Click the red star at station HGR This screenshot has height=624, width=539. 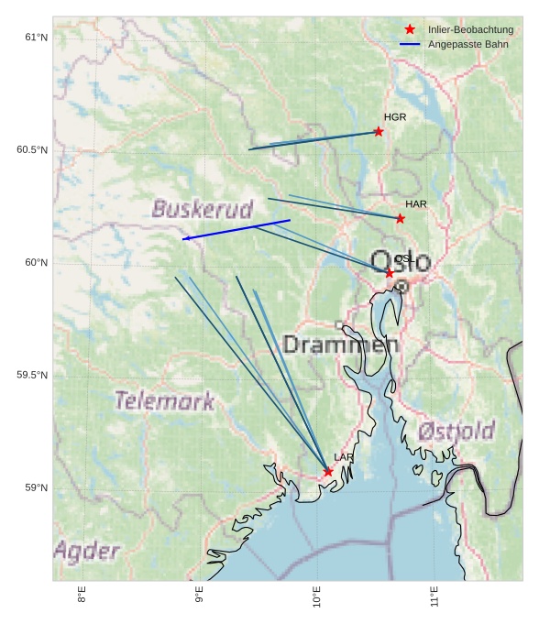coord(379,132)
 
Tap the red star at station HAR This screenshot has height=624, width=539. coord(401,218)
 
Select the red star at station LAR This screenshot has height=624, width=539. coord(328,472)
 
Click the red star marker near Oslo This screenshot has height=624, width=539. coord(390,273)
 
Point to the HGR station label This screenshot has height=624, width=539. coord(395,117)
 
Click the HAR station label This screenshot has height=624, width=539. coord(416,203)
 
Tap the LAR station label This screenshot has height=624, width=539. coord(344,457)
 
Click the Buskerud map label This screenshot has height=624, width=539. coord(202,209)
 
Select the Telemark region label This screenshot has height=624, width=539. coord(165,400)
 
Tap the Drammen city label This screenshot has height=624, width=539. coord(341,345)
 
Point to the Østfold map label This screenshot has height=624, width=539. coord(456,431)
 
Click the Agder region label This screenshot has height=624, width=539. coord(87,551)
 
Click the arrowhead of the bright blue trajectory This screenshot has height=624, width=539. coord(184,239)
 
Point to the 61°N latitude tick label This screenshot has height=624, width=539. coord(36,38)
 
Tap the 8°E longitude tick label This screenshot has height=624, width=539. coord(82,596)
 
